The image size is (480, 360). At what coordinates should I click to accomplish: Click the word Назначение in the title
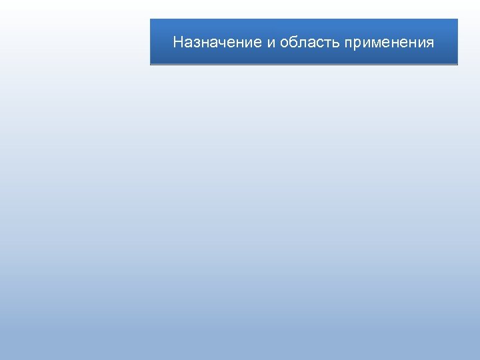(217, 43)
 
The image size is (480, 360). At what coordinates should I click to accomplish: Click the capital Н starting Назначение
(178, 43)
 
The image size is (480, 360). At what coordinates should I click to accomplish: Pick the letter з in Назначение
(195, 43)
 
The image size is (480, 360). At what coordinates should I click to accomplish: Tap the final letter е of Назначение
(258, 43)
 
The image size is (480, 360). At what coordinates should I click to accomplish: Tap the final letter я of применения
(430, 43)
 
